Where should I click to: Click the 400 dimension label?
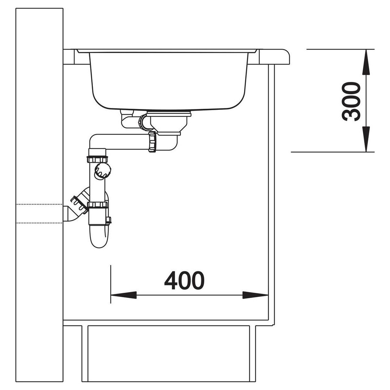[184, 280]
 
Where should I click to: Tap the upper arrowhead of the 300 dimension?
[366, 62]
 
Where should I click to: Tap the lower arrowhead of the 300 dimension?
[366, 139]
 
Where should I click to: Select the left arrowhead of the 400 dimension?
[123, 295]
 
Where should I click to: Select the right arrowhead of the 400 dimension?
[255, 295]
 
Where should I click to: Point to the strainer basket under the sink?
[169, 123]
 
